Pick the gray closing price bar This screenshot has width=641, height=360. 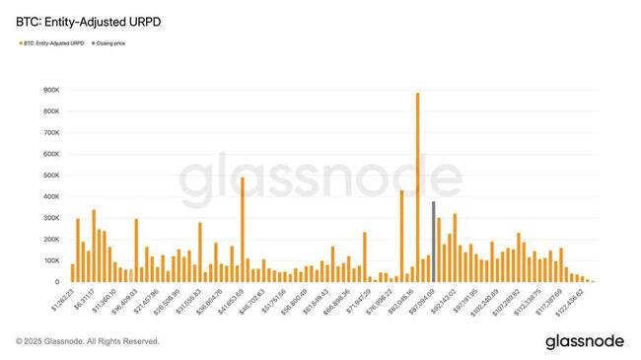pos(433,242)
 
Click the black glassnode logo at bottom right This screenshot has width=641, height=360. pos(584,340)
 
